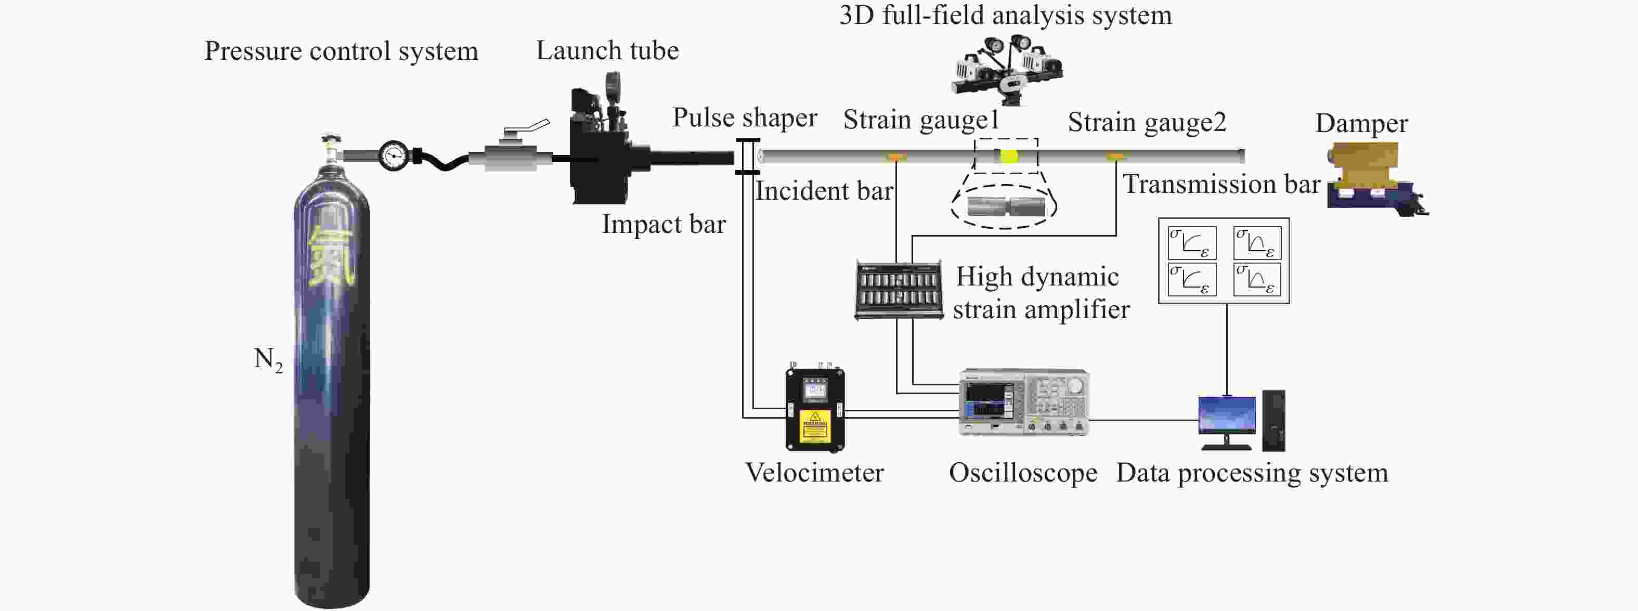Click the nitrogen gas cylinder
[331, 382]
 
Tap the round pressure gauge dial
[394, 155]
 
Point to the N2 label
[268, 360]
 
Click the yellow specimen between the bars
[1008, 156]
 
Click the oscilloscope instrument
[1024, 402]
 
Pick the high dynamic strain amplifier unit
[899, 289]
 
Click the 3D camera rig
[1007, 69]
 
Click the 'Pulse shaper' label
[745, 118]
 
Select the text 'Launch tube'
[607, 50]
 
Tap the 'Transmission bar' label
[1221, 184]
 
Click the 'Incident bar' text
[824, 191]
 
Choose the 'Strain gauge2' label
[1147, 122]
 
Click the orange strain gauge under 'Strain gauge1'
[896, 157]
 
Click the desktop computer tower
[1273, 421]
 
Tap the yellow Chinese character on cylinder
[331, 254]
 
